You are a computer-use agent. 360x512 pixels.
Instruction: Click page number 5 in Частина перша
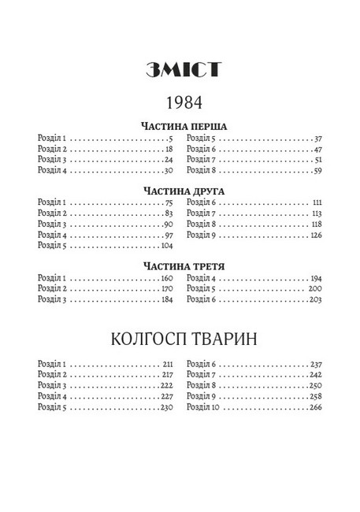point(169,138)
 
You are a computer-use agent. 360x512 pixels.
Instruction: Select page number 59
point(317,169)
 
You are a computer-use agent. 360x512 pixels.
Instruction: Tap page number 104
point(166,245)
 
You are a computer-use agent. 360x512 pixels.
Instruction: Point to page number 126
point(316,234)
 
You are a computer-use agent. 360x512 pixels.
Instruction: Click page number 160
point(166,278)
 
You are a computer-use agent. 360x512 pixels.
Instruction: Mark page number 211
point(167,365)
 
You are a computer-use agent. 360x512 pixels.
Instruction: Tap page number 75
point(168,202)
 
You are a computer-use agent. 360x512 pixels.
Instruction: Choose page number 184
point(166,300)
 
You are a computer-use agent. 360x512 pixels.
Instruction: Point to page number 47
point(317,148)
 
